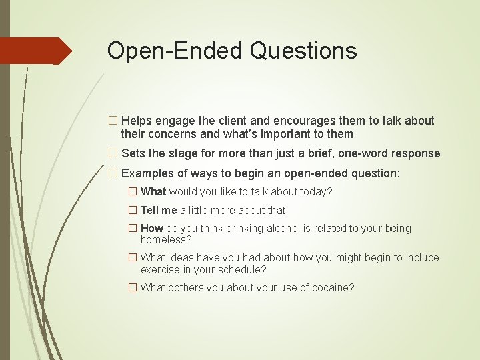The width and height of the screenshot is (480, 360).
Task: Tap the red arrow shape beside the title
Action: tap(36, 51)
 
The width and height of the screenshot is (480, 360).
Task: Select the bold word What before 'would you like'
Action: tap(153, 192)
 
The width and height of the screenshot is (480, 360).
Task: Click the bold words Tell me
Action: tap(159, 210)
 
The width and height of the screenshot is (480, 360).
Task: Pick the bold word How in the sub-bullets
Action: tap(151, 229)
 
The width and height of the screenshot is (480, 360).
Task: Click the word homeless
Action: tap(163, 239)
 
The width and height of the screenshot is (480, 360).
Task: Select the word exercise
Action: tap(161, 270)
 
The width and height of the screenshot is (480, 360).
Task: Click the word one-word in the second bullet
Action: tap(365, 153)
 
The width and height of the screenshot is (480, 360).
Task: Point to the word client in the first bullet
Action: tap(221, 121)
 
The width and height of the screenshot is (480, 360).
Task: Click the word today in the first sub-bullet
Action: tap(315, 192)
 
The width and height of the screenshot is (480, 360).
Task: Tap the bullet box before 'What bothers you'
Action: tap(132, 288)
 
